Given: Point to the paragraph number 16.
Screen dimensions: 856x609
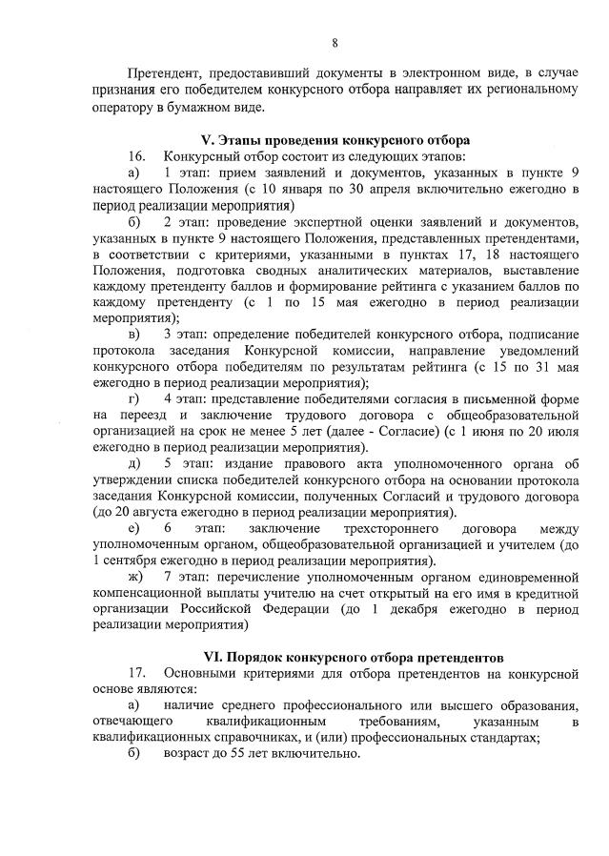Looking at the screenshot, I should (x=136, y=155).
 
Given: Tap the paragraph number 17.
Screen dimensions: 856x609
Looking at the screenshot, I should (x=136, y=674).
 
